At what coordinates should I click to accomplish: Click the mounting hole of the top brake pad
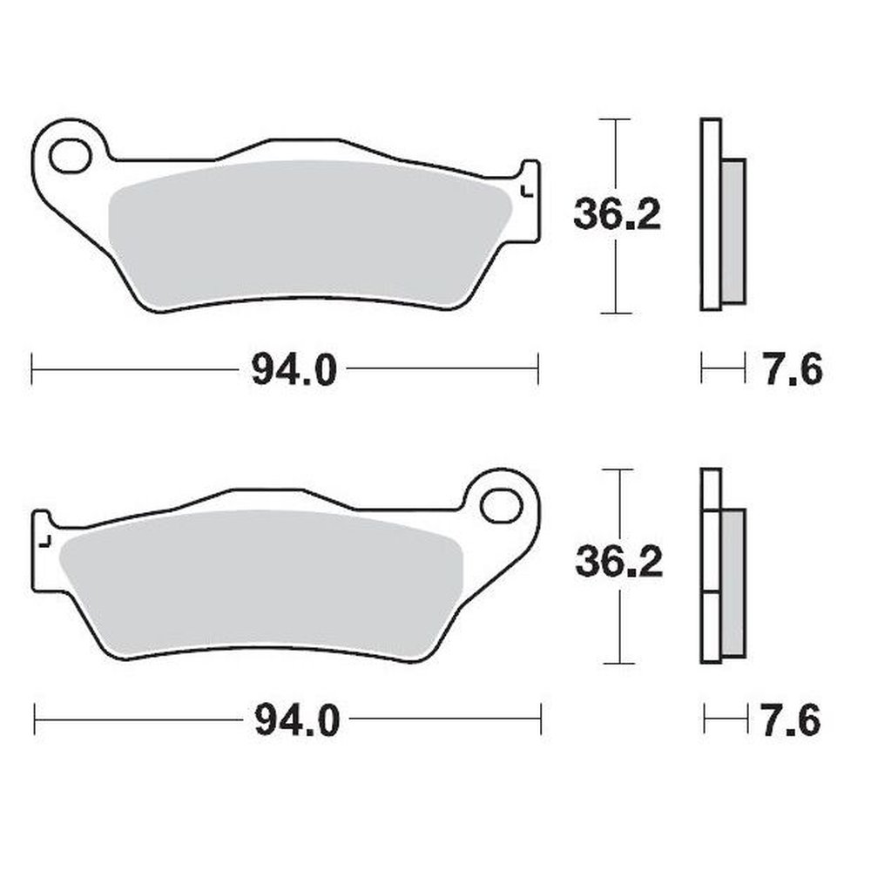tap(70, 157)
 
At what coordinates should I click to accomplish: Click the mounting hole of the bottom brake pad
tap(501, 505)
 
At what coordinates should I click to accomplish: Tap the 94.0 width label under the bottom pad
tap(295, 720)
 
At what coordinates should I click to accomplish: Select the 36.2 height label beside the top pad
tap(617, 214)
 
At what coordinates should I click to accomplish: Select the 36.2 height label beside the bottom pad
tap(618, 564)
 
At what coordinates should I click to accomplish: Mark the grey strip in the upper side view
tap(734, 231)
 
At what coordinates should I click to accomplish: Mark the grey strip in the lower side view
tap(734, 584)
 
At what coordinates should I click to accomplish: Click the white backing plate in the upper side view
tap(711, 213)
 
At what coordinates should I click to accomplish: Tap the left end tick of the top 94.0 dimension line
tap(32, 368)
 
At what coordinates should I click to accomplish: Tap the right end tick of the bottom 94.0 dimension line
tap(541, 719)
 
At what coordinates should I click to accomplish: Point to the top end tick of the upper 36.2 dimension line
tap(616, 119)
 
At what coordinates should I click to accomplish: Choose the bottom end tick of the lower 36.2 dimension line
tap(618, 663)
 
